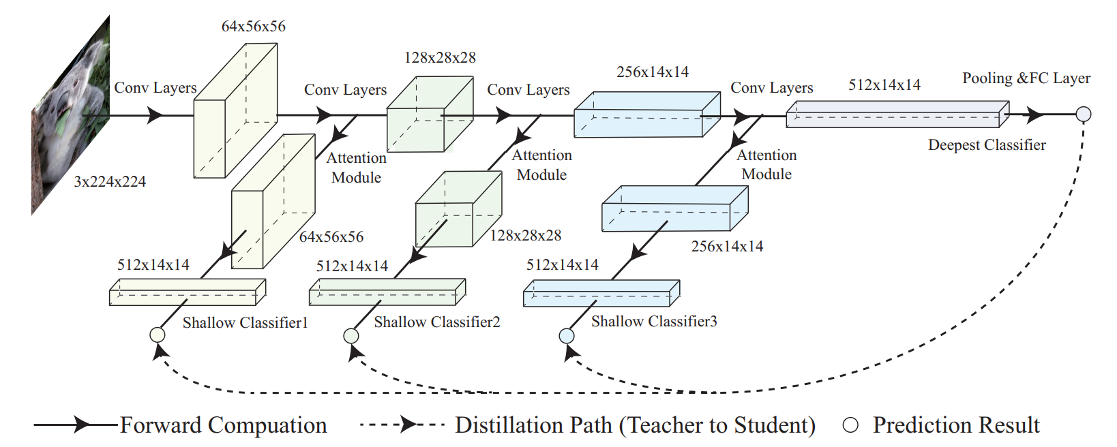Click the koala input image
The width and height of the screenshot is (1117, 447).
[x=71, y=116]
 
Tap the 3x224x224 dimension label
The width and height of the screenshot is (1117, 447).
[x=110, y=182]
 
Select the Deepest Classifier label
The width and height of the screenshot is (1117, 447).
[x=986, y=145]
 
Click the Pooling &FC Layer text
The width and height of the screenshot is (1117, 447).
[x=1026, y=78]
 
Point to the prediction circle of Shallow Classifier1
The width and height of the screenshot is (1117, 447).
[x=158, y=335]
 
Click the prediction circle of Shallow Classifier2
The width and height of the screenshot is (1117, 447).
[x=351, y=335]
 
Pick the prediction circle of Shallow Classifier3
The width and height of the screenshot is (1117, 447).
[x=567, y=335]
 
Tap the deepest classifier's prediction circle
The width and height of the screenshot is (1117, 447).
[x=1083, y=114]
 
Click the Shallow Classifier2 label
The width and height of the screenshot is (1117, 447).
[x=436, y=322]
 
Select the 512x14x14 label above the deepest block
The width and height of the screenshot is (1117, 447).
[x=884, y=85]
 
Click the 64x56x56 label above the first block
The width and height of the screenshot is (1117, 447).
[x=253, y=27]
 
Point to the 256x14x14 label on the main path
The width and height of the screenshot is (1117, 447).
[x=652, y=72]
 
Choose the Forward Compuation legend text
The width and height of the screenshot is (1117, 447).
[x=223, y=425]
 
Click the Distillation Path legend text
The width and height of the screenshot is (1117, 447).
[x=635, y=425]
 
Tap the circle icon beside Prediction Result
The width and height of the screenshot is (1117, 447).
[x=850, y=425]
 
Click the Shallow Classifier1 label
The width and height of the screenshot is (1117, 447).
[x=245, y=322]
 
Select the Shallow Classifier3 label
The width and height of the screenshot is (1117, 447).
[x=653, y=321]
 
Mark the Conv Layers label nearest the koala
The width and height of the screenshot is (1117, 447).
[x=155, y=88]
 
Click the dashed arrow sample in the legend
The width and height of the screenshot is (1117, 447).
[x=402, y=425]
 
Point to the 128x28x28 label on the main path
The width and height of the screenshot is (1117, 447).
[x=440, y=58]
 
